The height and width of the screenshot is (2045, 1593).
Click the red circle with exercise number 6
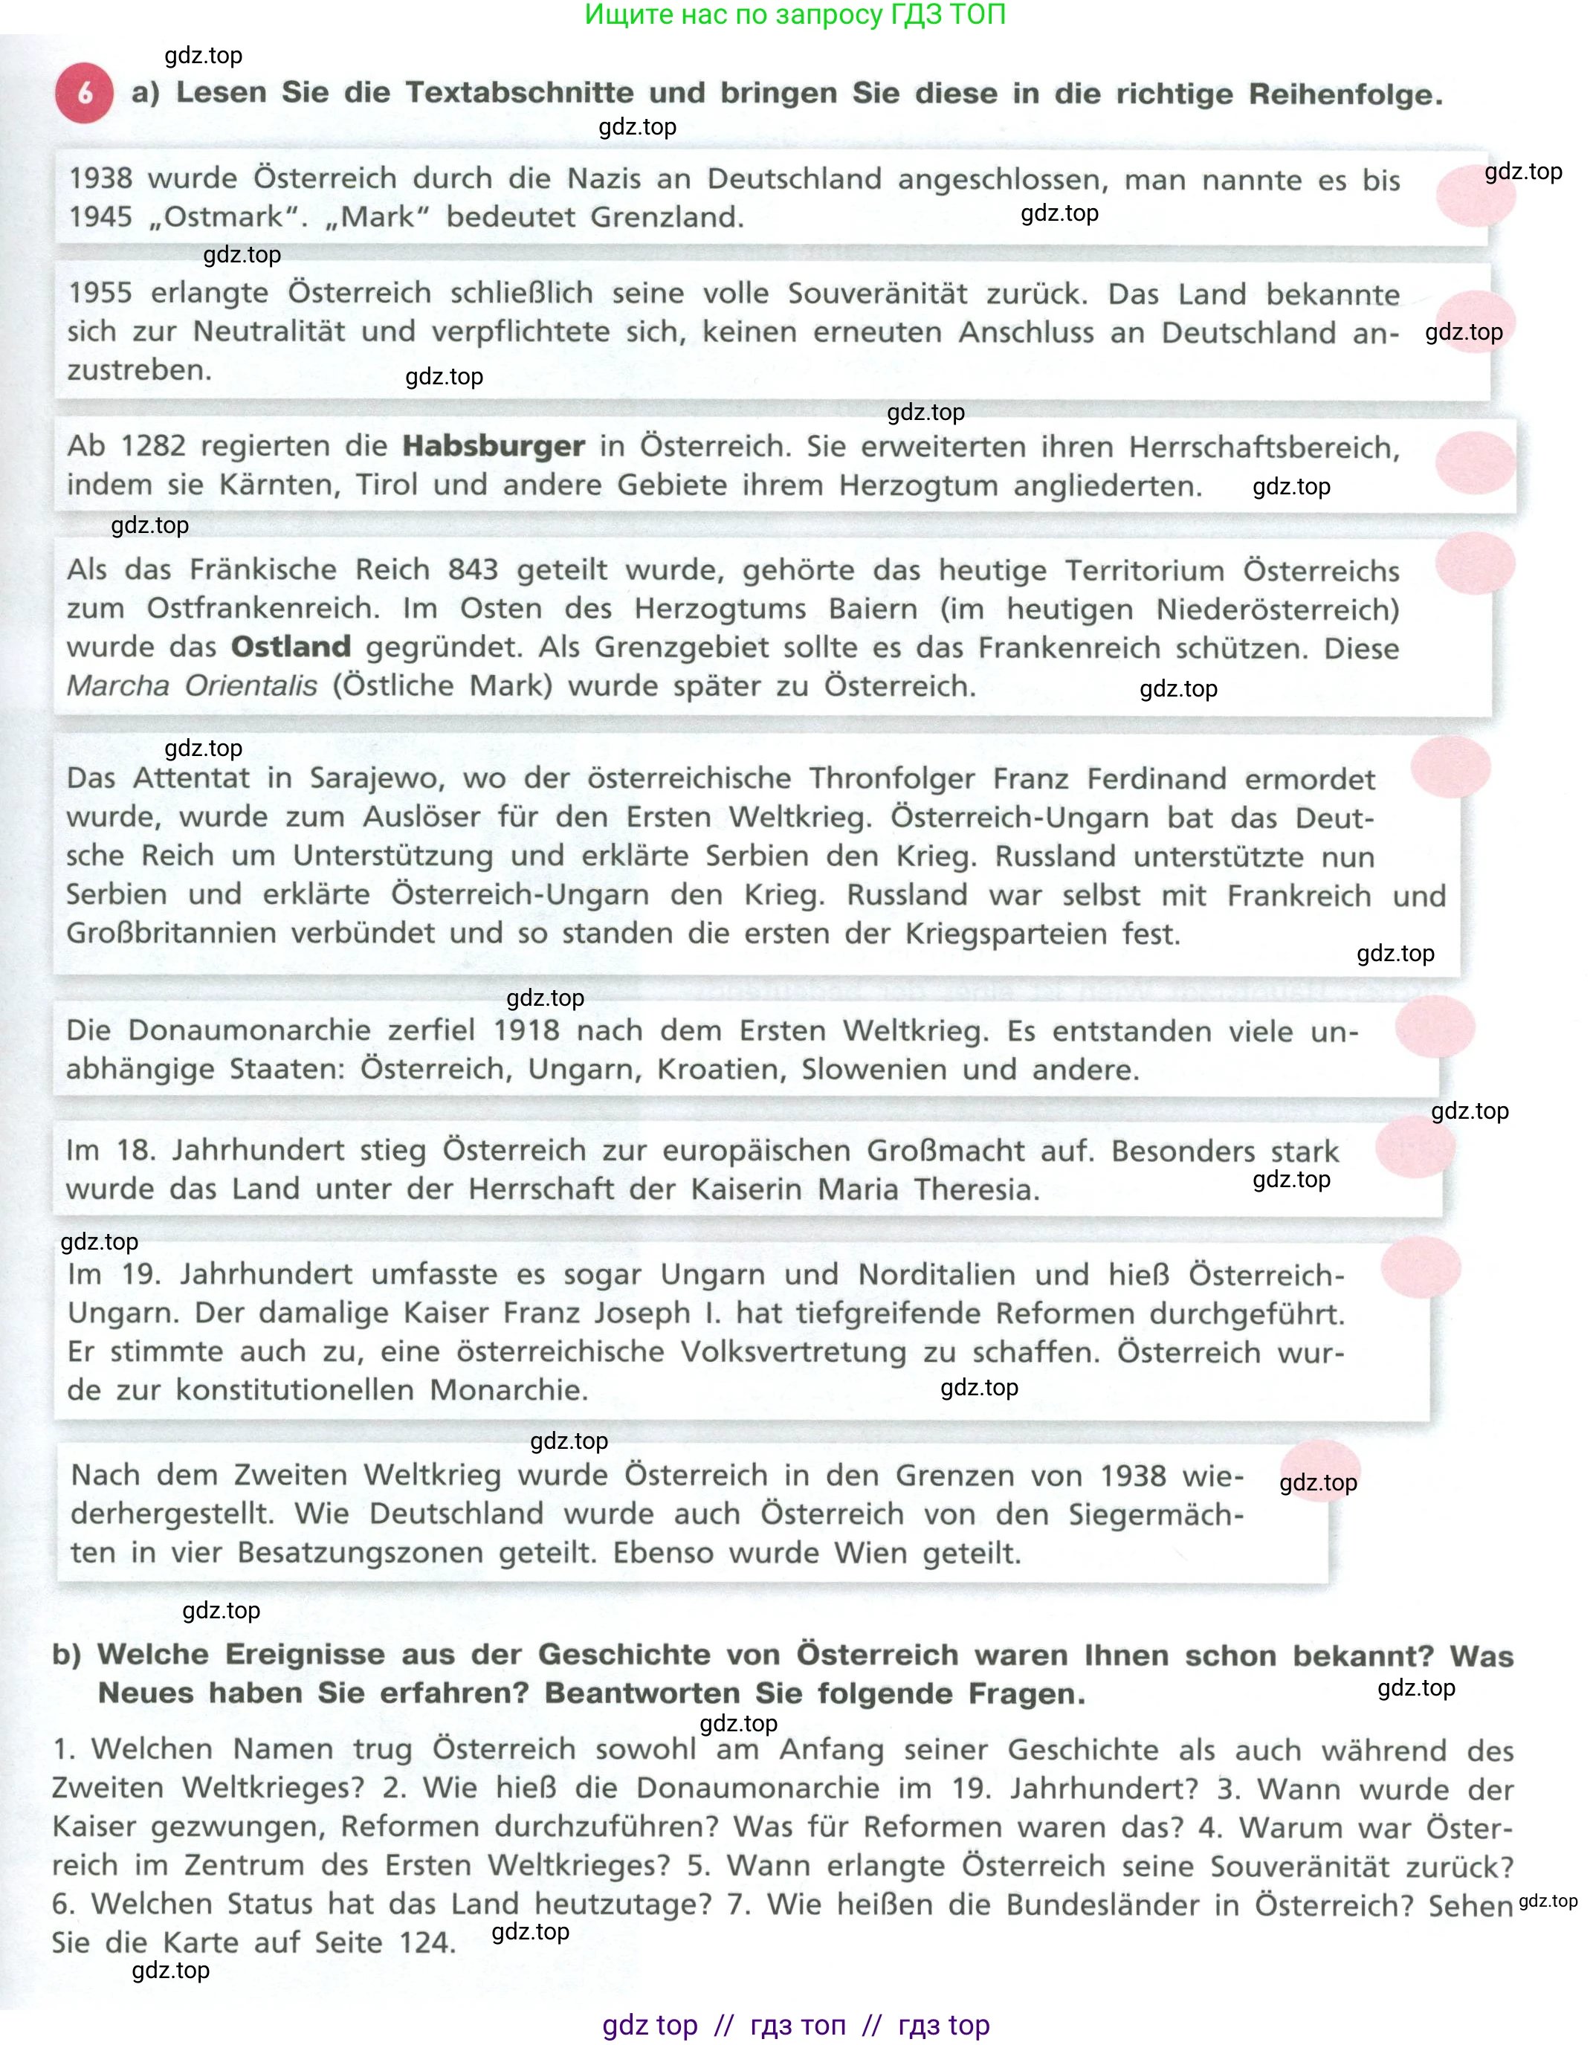click(x=84, y=94)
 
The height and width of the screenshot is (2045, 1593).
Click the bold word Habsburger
click(x=494, y=446)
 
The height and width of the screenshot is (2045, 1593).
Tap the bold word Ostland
click(x=291, y=646)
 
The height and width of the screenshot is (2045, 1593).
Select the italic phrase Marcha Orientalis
click(x=192, y=685)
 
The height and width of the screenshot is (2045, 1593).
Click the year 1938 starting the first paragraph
click(x=100, y=177)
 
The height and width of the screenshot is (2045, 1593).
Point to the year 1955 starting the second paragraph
click(x=100, y=292)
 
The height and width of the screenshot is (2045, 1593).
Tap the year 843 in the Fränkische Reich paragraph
click(x=473, y=569)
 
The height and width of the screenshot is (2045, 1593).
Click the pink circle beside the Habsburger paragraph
click(x=1475, y=462)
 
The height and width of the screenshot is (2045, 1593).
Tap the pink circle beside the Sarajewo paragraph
click(x=1450, y=767)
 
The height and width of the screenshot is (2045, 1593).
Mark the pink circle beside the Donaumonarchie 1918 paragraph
click(x=1435, y=1027)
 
